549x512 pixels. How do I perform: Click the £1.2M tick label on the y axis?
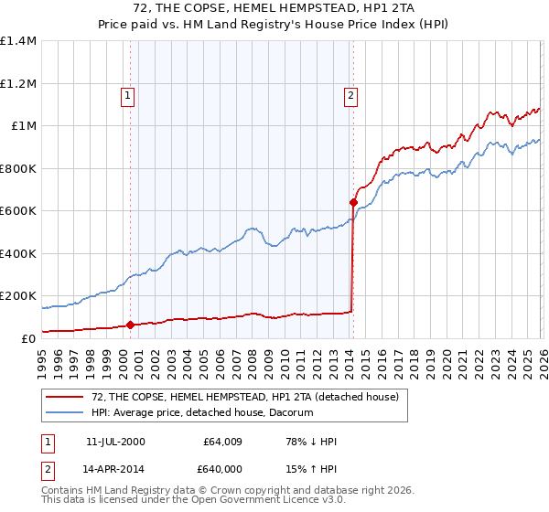(17, 83)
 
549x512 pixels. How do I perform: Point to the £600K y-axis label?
(17, 210)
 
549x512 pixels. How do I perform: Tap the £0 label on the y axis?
(27, 338)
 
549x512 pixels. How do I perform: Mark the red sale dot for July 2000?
(130, 325)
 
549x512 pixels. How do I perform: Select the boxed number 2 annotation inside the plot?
(350, 93)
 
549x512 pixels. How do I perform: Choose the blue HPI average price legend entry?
(202, 413)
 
